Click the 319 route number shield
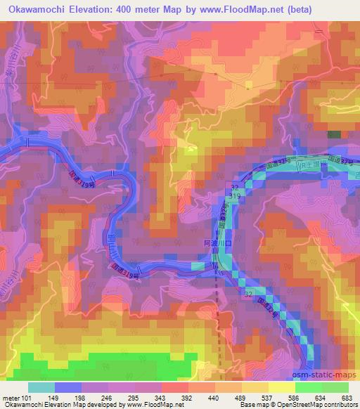pos(237,199)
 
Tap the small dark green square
pos(333,134)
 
